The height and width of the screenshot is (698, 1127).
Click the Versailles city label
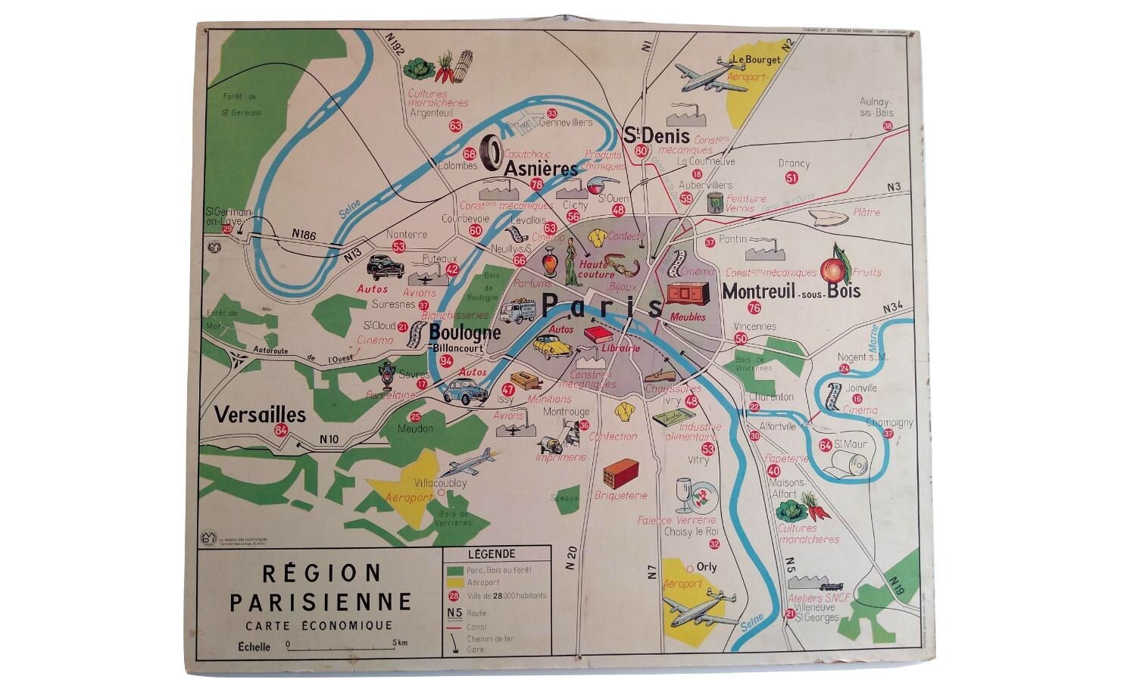(260, 415)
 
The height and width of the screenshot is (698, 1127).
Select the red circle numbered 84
(281, 431)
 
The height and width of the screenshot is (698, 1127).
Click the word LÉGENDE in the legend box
(492, 554)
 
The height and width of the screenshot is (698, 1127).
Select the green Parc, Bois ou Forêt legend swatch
(454, 569)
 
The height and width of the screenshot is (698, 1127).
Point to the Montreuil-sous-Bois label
(791, 291)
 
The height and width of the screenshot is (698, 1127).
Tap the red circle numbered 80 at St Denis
(642, 151)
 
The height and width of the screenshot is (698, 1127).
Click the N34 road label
(894, 307)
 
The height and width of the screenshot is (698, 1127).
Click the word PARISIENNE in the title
(320, 602)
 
